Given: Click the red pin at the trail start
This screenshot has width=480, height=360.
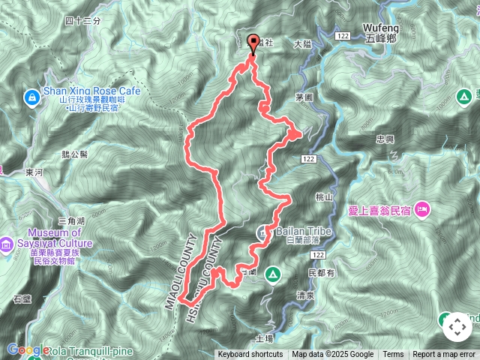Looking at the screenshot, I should [252, 43].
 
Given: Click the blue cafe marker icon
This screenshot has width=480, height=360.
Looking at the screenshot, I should [31, 97].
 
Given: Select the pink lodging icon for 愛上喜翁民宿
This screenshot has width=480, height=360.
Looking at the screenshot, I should [421, 206].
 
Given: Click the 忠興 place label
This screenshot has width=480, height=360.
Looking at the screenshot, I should [385, 139].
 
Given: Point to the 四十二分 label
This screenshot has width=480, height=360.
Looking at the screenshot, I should [82, 21].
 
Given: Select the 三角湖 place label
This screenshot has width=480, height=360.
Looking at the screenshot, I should [71, 220].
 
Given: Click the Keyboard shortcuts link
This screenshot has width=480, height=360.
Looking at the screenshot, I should [250, 355].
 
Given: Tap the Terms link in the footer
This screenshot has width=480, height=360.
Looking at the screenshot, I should [393, 355].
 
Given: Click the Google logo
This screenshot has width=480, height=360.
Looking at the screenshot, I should [28, 349].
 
